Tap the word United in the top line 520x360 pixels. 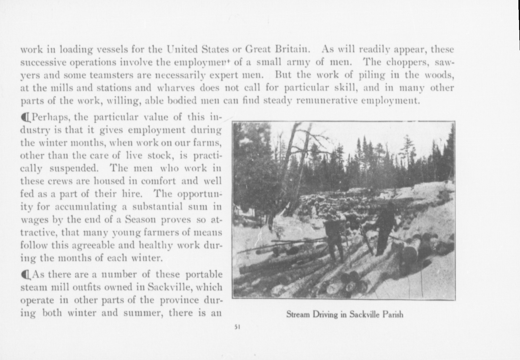(182, 50)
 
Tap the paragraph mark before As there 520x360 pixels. (26, 275)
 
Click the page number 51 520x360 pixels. (237, 327)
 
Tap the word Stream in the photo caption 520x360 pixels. (297, 314)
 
